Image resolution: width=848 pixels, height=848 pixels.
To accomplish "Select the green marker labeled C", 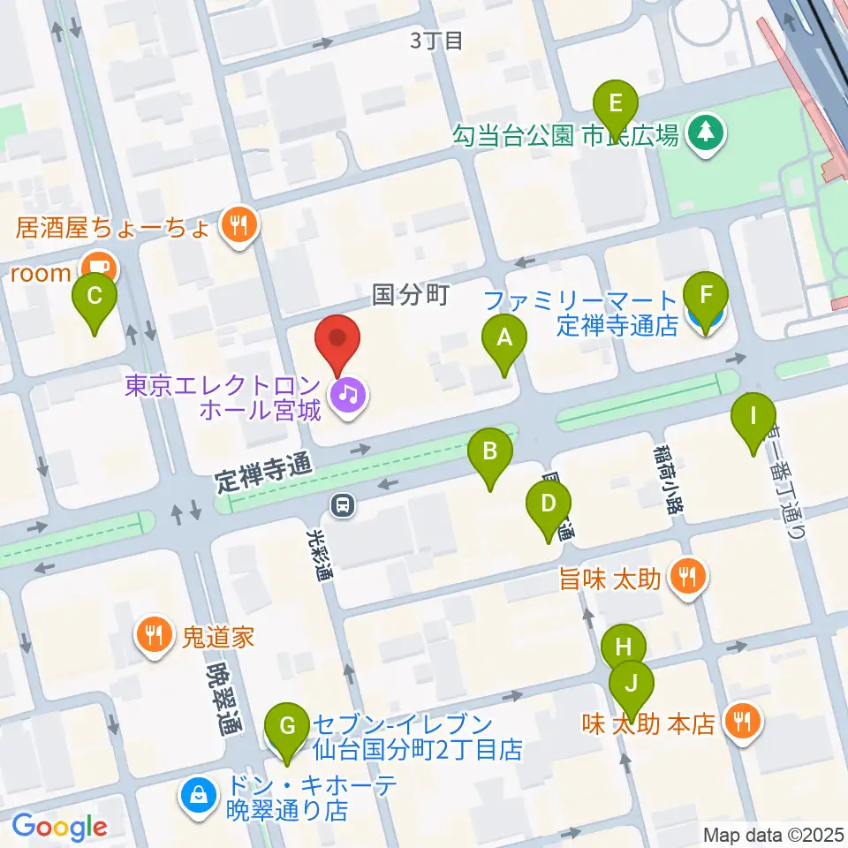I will pyautogui.click(x=96, y=303).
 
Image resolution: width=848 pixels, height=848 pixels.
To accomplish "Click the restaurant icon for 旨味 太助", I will pyautogui.click(x=687, y=579).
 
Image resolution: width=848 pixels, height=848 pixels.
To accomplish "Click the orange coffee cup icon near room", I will pyautogui.click(x=96, y=266).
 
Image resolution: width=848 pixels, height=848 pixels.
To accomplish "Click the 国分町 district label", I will pyautogui.click(x=411, y=294).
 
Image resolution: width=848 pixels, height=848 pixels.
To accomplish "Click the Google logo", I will pyautogui.click(x=59, y=827).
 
